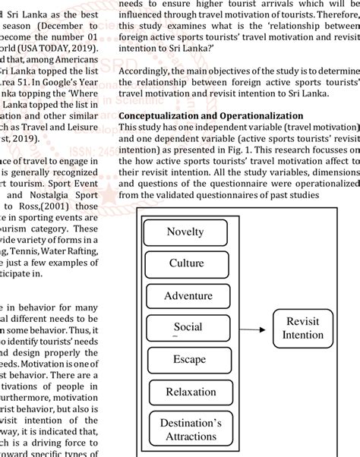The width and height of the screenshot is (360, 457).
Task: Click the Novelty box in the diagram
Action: point(185,232)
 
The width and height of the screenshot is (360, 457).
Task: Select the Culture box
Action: point(186,263)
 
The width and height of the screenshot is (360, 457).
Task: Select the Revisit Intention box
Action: point(302,327)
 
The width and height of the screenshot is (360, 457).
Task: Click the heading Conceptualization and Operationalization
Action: point(211,115)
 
